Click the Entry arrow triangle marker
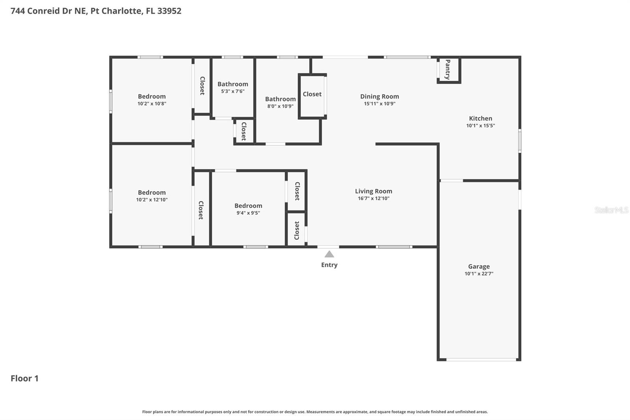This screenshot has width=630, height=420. point(329,254)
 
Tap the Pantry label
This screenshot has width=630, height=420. point(448,70)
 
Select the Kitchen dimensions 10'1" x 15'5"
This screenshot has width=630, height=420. point(480,126)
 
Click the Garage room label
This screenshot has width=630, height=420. point(479,266)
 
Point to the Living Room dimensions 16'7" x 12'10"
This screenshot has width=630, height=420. point(373,199)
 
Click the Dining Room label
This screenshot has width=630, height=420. point(379,96)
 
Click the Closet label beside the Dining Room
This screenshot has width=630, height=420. point(312,94)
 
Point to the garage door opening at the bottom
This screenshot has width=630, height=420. point(481,359)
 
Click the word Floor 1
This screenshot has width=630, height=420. point(24,378)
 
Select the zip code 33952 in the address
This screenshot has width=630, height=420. point(169,11)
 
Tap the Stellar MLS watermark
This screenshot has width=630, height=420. point(611,210)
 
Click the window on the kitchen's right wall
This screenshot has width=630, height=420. point(519,141)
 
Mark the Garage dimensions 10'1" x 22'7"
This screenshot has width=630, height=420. point(479,274)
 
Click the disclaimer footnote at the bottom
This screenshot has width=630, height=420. point(315,412)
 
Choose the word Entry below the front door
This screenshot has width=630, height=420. point(329,265)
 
